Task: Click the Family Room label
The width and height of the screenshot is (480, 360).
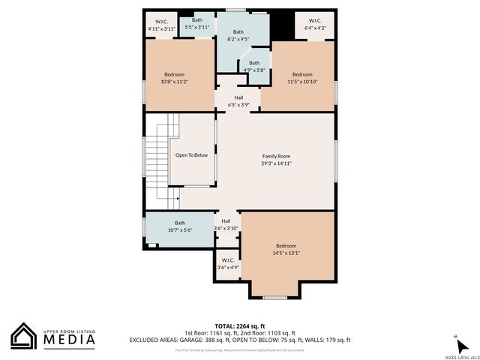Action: [276, 155]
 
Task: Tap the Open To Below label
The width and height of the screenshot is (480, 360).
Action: [191, 155]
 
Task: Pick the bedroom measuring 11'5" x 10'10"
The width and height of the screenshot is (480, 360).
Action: [302, 78]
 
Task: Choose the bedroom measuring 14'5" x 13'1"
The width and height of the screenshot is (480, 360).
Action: [286, 250]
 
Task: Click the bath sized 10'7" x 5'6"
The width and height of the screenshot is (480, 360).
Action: [180, 226]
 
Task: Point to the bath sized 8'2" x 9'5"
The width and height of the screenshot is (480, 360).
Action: [238, 36]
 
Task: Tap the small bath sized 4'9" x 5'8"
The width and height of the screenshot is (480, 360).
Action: [254, 67]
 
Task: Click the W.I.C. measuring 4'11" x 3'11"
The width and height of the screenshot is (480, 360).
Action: [161, 25]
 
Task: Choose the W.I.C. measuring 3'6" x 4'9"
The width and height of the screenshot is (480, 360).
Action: [228, 264]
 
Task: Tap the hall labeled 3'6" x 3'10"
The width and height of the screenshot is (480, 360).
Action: [226, 224]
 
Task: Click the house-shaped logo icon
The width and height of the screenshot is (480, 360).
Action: [24, 335]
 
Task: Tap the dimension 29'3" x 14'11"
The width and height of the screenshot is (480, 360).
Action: [276, 162]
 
